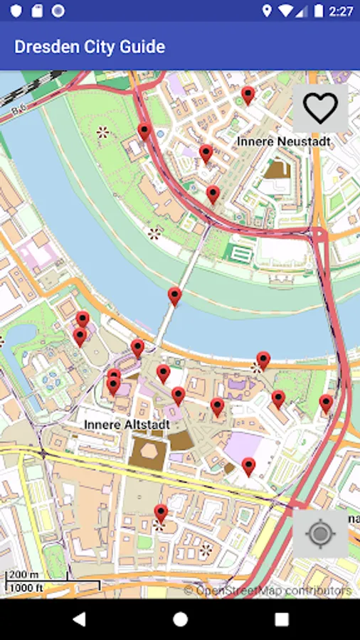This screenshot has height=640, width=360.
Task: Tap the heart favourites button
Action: click(x=320, y=108)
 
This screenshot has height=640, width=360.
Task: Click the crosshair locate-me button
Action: click(x=320, y=533)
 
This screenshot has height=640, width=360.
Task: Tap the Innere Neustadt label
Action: click(x=283, y=142)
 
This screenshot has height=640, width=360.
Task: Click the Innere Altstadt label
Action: click(x=127, y=425)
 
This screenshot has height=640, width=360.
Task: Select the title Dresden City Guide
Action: click(x=90, y=47)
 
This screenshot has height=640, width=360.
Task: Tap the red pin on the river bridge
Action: click(x=174, y=296)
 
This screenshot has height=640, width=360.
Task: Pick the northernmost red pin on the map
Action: click(x=248, y=95)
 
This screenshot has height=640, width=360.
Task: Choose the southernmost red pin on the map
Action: click(x=161, y=513)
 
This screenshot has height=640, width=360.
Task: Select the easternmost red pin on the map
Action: click(x=326, y=403)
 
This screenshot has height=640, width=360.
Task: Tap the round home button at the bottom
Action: click(x=180, y=619)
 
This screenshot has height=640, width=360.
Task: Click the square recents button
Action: click(x=282, y=619)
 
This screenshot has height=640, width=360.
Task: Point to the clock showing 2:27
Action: click(x=342, y=11)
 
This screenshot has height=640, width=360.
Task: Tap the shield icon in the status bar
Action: click(x=16, y=11)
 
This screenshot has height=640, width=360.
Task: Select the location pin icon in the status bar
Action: click(x=267, y=11)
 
